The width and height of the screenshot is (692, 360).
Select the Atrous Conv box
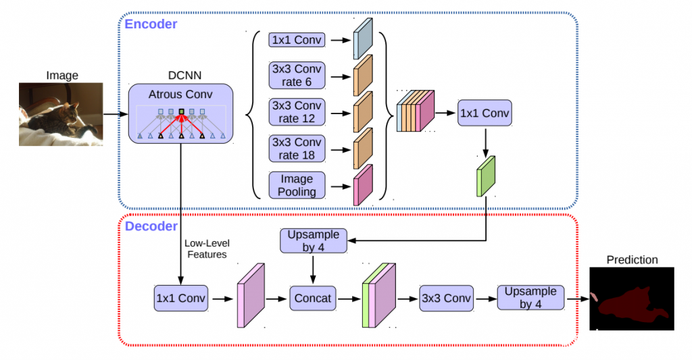(x=180, y=113)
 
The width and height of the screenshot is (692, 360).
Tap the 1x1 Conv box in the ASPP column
(x=297, y=40)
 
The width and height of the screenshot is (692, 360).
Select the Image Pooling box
(x=297, y=184)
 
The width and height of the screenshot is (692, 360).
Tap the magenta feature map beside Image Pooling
(x=362, y=184)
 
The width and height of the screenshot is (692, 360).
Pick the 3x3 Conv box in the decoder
(x=445, y=297)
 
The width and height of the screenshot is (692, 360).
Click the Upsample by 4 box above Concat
(x=313, y=240)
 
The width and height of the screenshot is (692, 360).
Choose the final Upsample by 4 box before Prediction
(x=530, y=297)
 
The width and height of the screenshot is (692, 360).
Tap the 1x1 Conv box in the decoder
(x=181, y=297)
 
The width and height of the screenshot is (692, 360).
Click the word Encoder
(x=151, y=24)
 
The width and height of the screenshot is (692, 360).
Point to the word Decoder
(x=151, y=226)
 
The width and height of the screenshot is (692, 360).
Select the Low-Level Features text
(x=207, y=249)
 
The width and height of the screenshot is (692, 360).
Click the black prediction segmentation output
(x=632, y=299)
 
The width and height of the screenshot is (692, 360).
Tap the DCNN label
(x=180, y=75)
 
